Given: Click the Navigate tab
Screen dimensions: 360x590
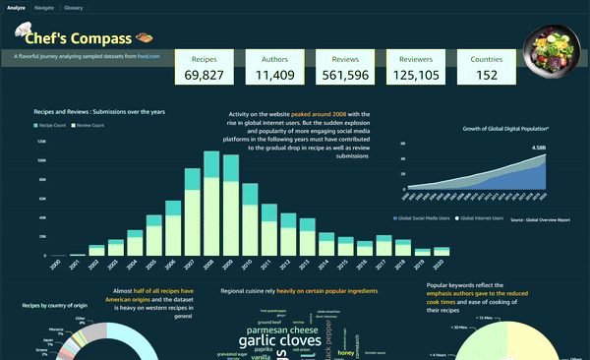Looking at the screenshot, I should click(x=44, y=7).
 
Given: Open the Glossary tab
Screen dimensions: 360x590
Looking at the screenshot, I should click(x=74, y=7).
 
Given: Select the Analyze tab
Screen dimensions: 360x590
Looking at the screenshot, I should click(x=17, y=7).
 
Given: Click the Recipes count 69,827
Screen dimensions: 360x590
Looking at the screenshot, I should click(x=204, y=75).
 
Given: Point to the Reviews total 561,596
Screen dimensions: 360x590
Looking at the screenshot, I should click(x=344, y=75).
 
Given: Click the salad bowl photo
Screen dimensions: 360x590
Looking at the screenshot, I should click(x=554, y=49).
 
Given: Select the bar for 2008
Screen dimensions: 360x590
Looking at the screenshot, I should click(x=210, y=202).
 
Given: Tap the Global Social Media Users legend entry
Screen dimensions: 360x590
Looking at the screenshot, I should click(x=423, y=216).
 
